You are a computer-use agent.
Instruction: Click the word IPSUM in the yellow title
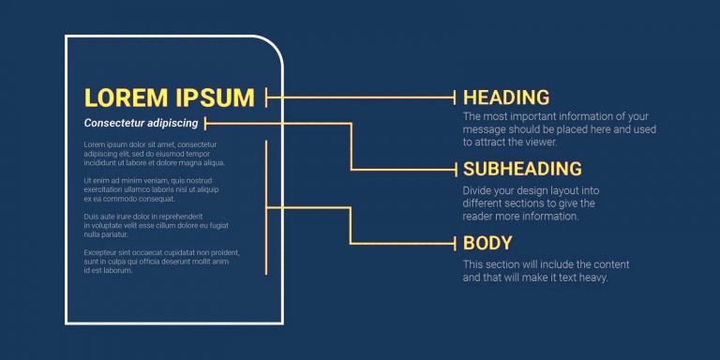(x=215, y=97)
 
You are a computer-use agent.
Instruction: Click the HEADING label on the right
(x=506, y=97)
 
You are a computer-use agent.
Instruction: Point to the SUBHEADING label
(x=522, y=169)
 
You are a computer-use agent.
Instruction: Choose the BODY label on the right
(x=487, y=244)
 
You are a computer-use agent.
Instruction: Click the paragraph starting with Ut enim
(x=151, y=189)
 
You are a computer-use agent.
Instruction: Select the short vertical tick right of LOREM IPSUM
(x=266, y=97)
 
